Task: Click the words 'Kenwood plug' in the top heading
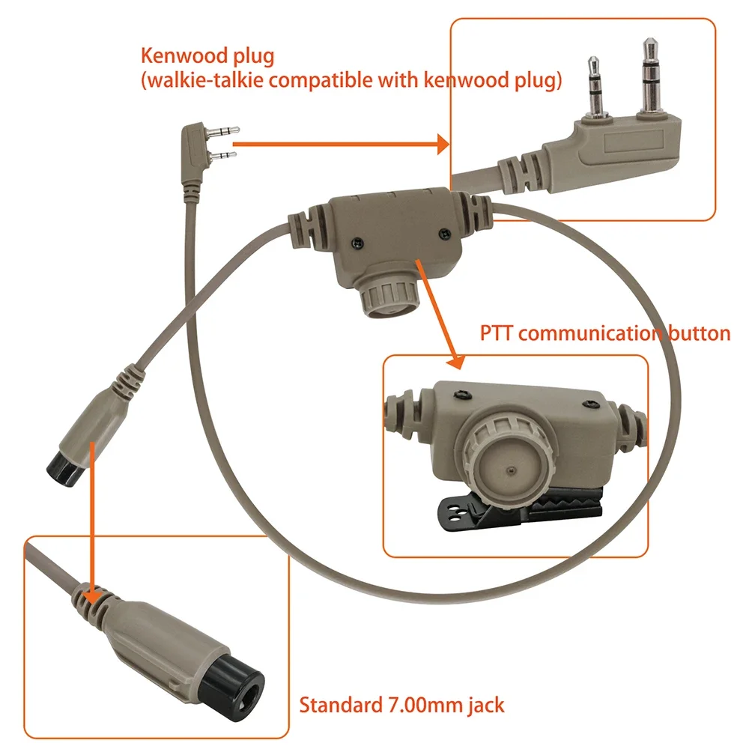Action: (207, 55)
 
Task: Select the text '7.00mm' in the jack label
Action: (419, 704)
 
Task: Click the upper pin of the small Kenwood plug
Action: (224, 130)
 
